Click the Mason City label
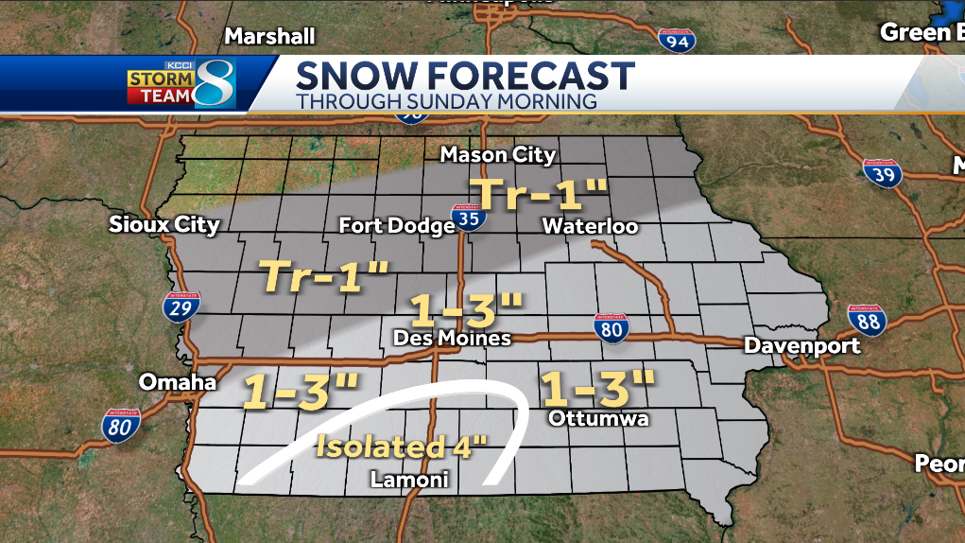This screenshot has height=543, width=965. tap(498, 154)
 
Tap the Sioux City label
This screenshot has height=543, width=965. tap(164, 224)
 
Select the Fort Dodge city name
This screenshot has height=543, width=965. tap(397, 226)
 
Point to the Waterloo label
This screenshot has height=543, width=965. tap(590, 226)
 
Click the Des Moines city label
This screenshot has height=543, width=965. tap(452, 338)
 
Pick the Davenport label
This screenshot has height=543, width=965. tap(802, 345)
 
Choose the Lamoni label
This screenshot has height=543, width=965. tap(408, 482)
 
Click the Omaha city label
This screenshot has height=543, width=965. tap(178, 382)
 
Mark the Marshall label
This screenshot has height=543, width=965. tap(269, 36)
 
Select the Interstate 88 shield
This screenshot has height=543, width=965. tap(866, 322)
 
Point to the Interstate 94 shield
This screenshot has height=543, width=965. tap(677, 39)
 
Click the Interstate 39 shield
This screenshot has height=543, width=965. tap(883, 172)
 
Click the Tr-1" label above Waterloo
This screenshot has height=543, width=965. tap(540, 194)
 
